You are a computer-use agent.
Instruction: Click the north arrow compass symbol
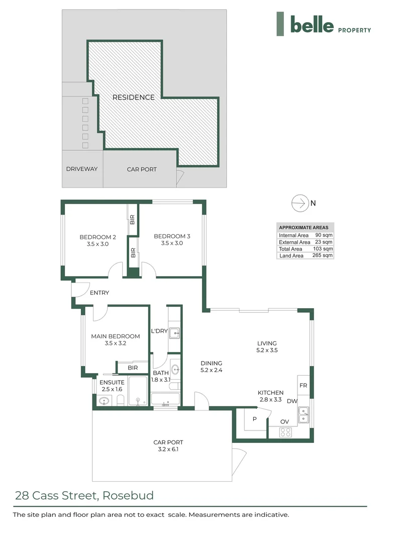click(x=300, y=203)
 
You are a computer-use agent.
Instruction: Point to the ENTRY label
click(x=99, y=293)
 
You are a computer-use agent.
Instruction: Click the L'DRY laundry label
click(x=159, y=331)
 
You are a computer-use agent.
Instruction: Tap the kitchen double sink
click(x=304, y=416)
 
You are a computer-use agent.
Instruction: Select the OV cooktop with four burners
click(x=285, y=431)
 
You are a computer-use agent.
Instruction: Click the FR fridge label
click(x=304, y=386)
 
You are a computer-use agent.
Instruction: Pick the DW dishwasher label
click(x=291, y=401)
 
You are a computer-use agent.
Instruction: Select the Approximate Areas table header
click(x=304, y=227)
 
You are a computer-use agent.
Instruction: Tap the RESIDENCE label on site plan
click(x=133, y=97)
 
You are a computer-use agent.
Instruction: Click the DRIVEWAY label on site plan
click(x=82, y=169)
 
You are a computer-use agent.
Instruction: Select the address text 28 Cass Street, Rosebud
click(x=84, y=495)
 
